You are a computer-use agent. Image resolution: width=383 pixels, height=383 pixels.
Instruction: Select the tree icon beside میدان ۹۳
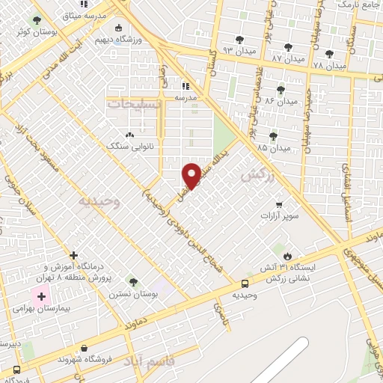239,40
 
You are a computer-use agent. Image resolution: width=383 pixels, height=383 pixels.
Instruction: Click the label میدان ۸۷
288,58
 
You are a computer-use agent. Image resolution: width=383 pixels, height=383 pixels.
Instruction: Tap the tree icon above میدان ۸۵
272,135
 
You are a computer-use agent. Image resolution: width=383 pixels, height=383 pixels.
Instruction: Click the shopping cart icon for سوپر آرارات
279,204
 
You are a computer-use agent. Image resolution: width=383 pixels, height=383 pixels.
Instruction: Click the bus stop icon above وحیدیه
245,284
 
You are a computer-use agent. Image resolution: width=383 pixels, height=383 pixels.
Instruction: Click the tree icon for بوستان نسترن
132,282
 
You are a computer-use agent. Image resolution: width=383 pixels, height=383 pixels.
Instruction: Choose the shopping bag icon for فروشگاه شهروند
84,349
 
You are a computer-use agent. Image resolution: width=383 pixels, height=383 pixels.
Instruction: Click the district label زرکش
254,174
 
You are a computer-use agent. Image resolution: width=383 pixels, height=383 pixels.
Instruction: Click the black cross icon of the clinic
74,256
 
